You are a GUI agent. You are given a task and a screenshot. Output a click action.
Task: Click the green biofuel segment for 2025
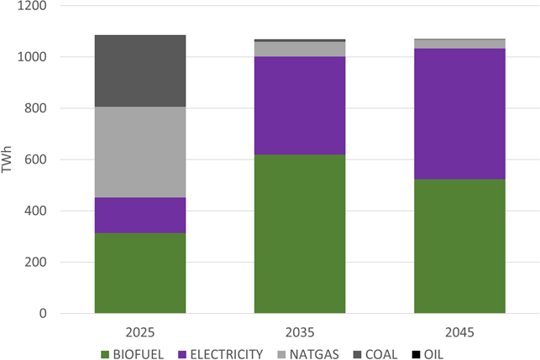[x=139, y=273]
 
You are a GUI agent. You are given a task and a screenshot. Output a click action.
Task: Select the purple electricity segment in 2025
[x=139, y=215]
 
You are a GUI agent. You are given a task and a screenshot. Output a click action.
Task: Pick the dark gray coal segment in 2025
[x=139, y=71]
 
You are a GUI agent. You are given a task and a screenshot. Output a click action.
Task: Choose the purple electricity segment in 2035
[x=300, y=106]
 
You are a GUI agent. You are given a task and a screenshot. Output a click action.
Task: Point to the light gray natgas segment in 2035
[x=300, y=49]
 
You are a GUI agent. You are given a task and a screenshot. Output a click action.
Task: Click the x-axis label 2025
[x=139, y=331]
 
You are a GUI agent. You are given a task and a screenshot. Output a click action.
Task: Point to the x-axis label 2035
[x=300, y=331]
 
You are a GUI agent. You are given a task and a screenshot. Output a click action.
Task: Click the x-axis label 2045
[x=459, y=331]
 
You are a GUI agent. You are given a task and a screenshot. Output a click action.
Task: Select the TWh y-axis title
[x=9, y=159]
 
